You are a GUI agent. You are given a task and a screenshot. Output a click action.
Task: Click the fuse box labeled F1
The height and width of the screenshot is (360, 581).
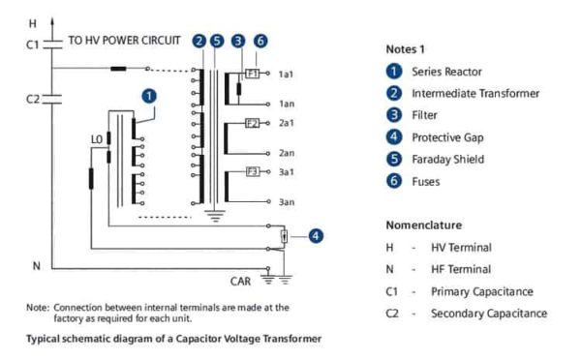click(252, 74)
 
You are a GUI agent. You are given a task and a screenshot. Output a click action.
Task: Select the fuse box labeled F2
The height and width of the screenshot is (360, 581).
click(252, 123)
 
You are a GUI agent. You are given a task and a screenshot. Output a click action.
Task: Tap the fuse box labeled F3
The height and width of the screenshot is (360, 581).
click(252, 171)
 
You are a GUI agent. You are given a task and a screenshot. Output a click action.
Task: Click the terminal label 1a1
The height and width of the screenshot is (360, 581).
click(286, 74)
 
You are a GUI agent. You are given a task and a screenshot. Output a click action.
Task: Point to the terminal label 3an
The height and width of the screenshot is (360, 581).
click(286, 202)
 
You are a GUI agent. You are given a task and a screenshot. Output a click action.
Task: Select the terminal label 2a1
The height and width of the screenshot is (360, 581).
click(286, 123)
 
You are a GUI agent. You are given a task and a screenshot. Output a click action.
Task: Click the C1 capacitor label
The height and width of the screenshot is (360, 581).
click(32, 44)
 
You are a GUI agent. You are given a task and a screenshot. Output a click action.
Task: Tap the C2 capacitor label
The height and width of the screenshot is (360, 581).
click(32, 99)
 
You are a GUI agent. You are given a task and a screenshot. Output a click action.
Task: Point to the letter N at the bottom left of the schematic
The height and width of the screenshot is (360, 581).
click(35, 265)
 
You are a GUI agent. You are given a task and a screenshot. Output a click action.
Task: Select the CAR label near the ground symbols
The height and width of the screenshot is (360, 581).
click(242, 282)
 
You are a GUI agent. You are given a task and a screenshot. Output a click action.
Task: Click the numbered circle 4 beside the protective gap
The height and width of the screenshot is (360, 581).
click(316, 234)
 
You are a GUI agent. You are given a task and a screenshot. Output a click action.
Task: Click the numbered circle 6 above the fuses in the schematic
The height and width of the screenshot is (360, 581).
click(261, 41)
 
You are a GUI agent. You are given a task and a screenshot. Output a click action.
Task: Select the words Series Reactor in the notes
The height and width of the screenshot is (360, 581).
click(447, 71)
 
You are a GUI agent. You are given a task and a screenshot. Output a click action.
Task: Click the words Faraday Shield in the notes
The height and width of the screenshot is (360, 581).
click(447, 160)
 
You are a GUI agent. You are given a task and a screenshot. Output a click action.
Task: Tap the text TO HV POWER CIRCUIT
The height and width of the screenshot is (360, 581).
click(123, 42)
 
